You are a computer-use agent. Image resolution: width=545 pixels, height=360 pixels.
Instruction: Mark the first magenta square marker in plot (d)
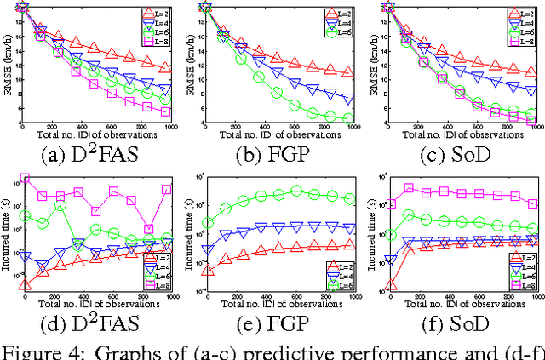pyautogui.click(x=25, y=179)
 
